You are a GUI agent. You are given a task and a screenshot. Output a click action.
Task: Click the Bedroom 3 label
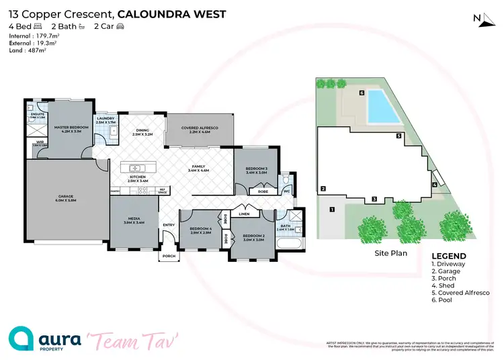click(257, 171)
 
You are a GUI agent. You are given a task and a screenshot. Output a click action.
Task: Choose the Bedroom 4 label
click(200, 230)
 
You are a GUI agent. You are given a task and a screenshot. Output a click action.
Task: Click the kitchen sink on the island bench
click(135, 167)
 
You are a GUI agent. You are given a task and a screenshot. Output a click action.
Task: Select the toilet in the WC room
click(287, 181)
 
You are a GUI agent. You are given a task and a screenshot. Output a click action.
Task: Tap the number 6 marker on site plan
click(362, 93)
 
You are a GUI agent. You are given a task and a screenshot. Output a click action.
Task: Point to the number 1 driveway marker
click(331, 210)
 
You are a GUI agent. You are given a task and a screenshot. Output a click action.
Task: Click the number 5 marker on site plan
click(398, 136)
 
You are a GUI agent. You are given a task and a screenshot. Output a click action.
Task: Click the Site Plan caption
click(391, 254)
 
